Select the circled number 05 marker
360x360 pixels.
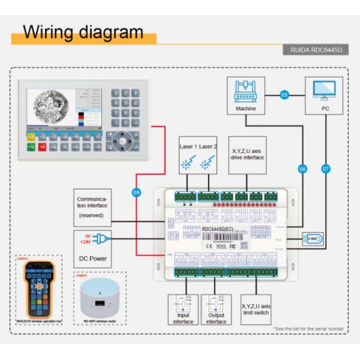point(284,94)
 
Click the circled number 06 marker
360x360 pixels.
point(302,170)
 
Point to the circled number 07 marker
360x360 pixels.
point(326,170)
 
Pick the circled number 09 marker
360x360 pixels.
point(136,192)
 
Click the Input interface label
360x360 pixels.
point(184,318)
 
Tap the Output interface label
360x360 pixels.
point(216,318)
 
